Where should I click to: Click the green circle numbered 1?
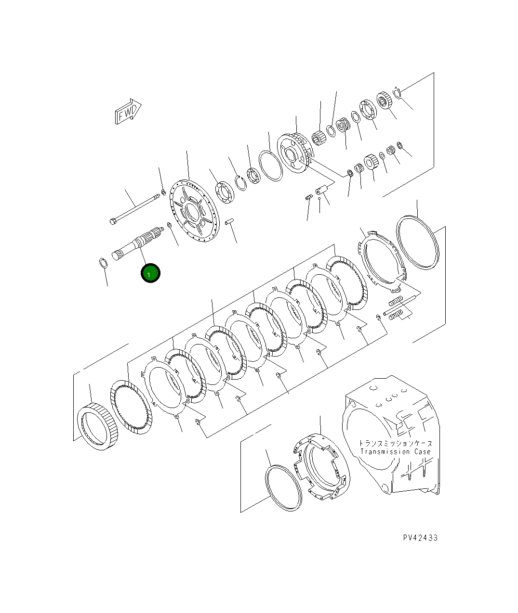coord(150,273)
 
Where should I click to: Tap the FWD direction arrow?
coord(128,111)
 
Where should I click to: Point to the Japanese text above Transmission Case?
coord(396,443)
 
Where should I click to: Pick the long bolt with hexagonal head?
coord(134,209)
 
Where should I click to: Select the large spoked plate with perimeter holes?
coord(194,211)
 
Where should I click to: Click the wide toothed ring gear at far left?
coord(98,426)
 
